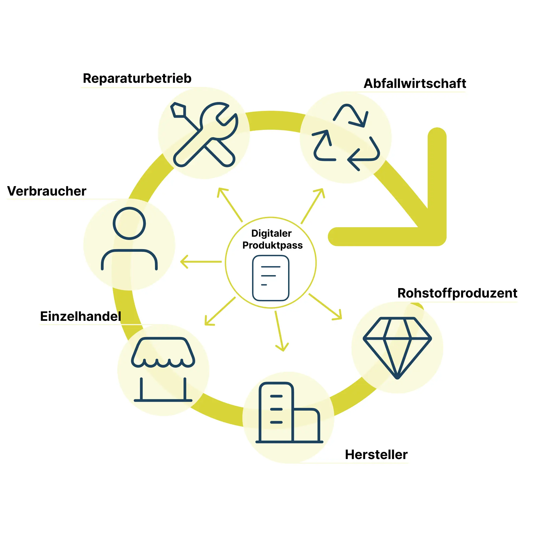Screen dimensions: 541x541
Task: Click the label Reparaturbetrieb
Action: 137,78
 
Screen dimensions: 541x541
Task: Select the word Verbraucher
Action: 47,191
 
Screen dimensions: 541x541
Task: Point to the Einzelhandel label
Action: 81,316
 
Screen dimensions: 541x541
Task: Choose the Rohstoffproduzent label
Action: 457,293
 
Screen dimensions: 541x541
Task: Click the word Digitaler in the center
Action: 271,233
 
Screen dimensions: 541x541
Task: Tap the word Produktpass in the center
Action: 272,245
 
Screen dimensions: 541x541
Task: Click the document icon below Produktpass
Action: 270,278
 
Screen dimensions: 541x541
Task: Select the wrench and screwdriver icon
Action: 204,134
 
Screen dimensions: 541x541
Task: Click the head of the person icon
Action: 129,223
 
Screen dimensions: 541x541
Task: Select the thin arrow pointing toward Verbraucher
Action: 201,262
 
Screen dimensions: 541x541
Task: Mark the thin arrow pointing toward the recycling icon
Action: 313,206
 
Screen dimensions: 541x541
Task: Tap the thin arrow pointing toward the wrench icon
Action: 230,204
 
